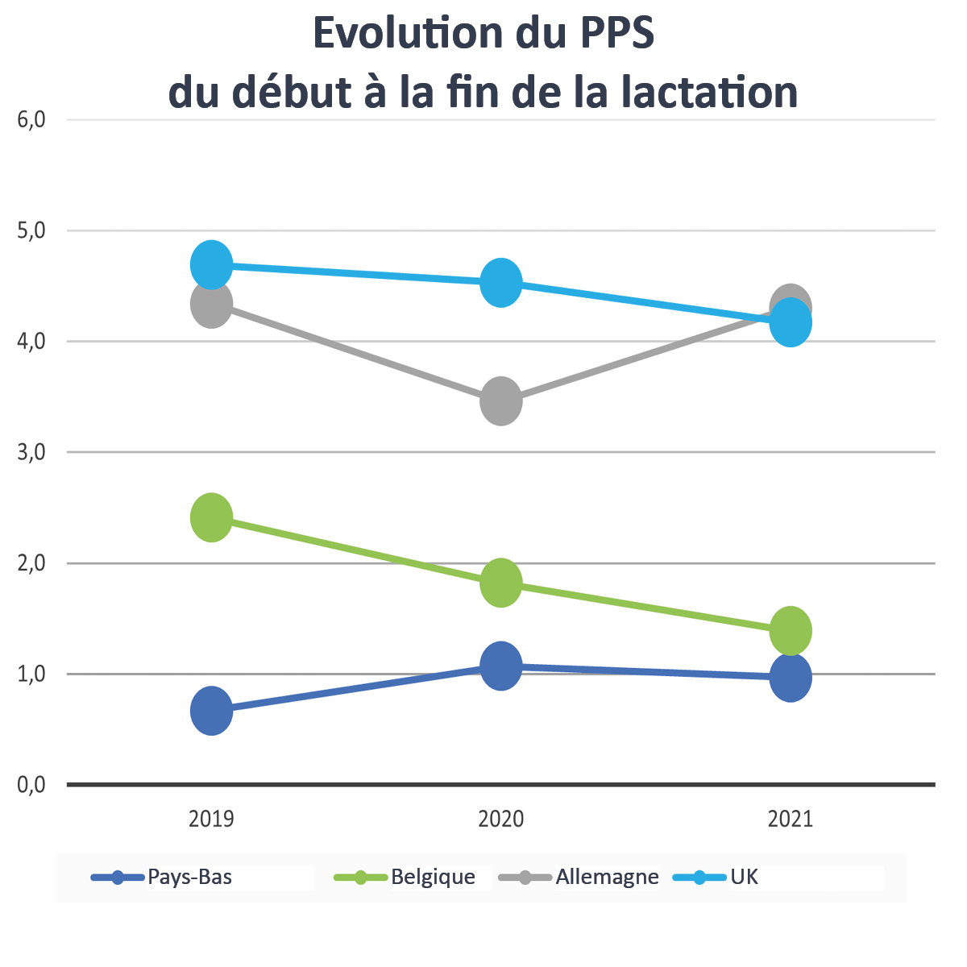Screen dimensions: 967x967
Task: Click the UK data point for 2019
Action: tap(211, 264)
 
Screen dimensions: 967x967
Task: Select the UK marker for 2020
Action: tap(501, 283)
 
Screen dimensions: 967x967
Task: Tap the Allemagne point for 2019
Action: tap(211, 305)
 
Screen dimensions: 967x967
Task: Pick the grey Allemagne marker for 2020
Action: tap(501, 400)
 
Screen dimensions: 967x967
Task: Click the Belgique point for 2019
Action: tap(211, 517)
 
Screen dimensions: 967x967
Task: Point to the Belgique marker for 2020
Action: tap(501, 583)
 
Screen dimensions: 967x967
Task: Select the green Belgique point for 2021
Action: tap(791, 630)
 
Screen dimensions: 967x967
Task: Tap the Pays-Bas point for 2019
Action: tap(211, 711)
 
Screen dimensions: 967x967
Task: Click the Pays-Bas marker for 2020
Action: tap(501, 666)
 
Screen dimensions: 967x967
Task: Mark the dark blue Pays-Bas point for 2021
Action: tap(791, 678)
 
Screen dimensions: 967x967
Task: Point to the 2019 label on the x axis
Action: tap(211, 820)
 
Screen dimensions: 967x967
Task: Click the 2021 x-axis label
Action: tap(791, 820)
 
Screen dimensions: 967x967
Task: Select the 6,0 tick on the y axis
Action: tap(31, 120)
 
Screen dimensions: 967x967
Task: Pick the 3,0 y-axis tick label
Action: tap(31, 452)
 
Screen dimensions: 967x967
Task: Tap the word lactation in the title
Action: tap(711, 92)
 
